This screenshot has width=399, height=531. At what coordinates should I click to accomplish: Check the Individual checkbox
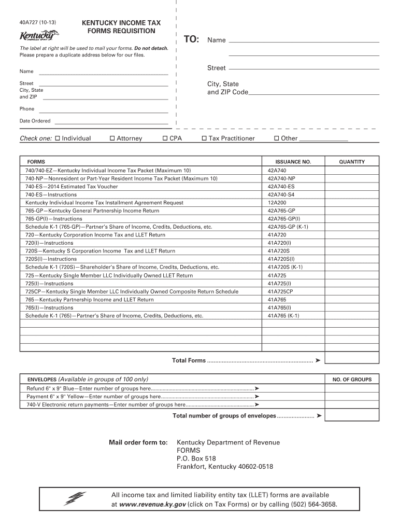pos(58,138)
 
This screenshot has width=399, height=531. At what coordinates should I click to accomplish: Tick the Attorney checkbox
pos(112,138)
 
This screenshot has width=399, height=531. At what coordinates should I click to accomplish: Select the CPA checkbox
pos(165,138)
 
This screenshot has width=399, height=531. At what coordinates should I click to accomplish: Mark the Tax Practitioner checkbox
pos(204,138)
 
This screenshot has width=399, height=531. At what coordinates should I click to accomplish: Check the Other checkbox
pos(277,138)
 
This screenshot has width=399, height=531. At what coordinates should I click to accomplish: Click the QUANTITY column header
pos(352,162)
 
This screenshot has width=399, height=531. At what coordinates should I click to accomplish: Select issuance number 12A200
pos(277,203)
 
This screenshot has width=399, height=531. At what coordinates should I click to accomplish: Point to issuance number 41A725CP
pos(280,291)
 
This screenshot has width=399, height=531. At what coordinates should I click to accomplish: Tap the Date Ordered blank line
pos(112,122)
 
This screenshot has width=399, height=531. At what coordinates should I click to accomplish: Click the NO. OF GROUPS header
pos(352,380)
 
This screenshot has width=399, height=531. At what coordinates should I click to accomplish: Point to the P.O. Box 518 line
pos(196,458)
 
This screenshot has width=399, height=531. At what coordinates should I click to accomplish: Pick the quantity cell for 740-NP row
pos(352,178)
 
